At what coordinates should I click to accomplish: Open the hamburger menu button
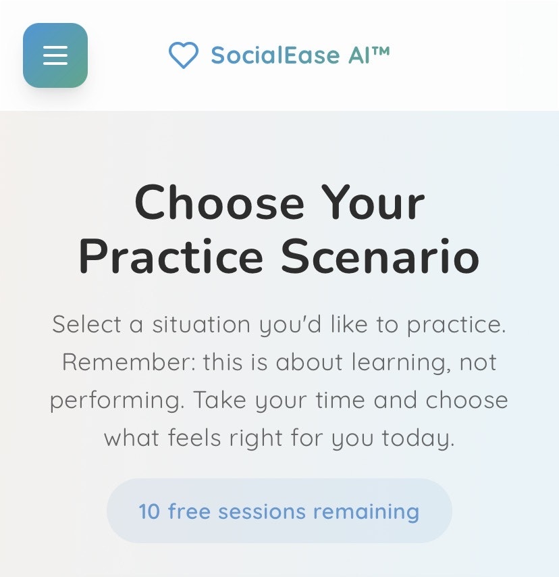pos(55,55)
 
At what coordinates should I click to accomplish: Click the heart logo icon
pos(183,55)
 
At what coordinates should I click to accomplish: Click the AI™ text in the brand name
pos(369,55)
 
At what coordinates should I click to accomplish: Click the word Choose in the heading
pos(219,203)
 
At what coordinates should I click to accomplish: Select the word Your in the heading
pos(373,203)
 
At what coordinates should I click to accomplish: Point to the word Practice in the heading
pos(171,257)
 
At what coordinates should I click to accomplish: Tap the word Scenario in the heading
pos(380,257)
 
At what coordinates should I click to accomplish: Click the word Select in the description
pos(86,324)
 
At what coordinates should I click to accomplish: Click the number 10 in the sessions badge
pos(149,511)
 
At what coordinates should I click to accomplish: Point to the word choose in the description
pos(467,400)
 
